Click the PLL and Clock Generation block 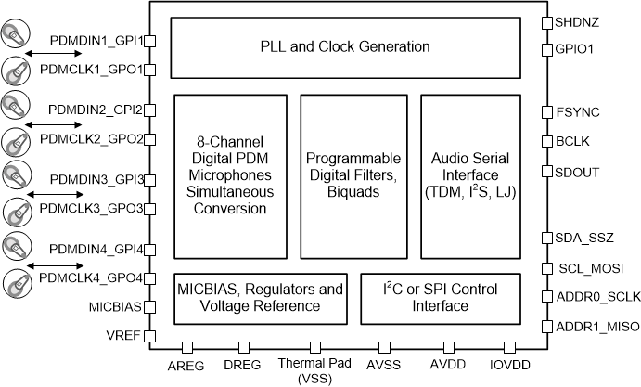pos(344,46)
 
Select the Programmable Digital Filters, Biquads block pos(353,174)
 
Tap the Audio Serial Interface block pos(472,174)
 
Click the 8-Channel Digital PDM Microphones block pos(230,174)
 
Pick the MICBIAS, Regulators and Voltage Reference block pos(261,296)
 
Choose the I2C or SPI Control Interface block pos(440,296)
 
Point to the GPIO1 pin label pos(574,46)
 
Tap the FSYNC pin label pos(577,112)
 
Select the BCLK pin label pos(572,141)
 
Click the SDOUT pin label pos(577,172)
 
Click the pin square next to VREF pos(149,336)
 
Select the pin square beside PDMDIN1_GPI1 pos(149,40)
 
